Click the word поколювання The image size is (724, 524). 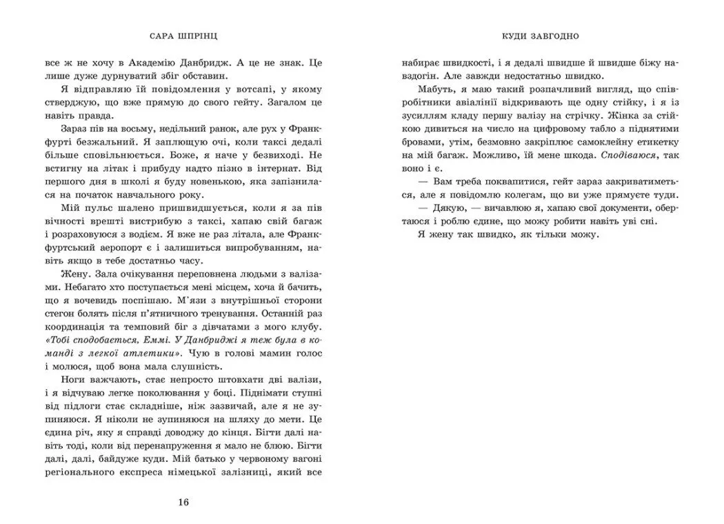click(204, 395)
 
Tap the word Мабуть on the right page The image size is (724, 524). click(435, 91)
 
